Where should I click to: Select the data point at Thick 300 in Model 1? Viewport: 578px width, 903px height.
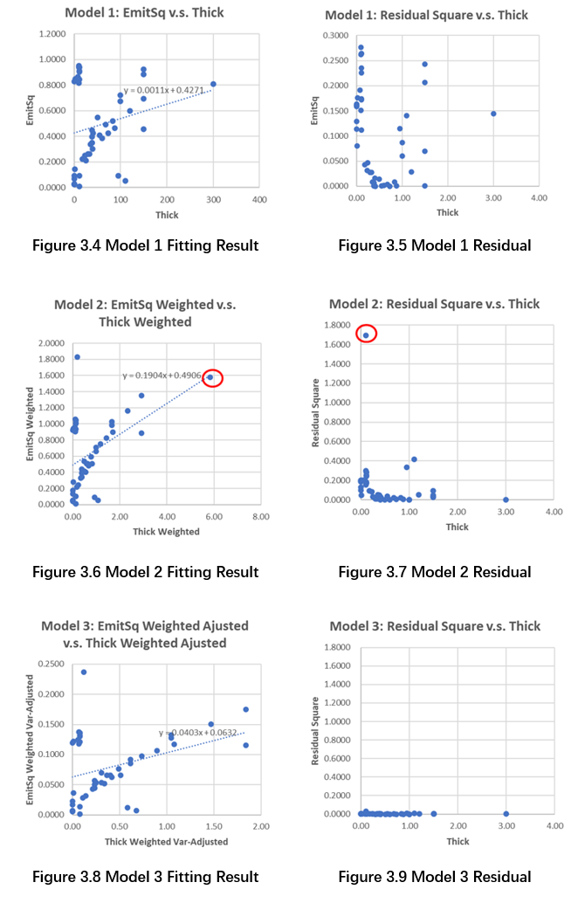(213, 84)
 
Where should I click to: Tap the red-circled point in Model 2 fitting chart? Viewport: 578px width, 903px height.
(210, 377)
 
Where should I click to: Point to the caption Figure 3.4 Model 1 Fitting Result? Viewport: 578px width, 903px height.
(145, 245)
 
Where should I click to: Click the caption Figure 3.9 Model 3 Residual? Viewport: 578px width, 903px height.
(434, 877)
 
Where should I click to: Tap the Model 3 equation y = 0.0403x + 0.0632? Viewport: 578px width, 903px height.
(196, 733)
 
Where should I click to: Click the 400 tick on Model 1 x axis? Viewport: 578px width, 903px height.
(259, 199)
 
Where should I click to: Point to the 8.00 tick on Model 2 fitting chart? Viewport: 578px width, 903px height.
(259, 516)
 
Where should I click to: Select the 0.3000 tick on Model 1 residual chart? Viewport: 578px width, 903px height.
(335, 34)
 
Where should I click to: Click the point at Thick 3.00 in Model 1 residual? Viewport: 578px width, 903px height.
(493, 114)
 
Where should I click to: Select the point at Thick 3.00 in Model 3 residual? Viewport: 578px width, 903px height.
(506, 814)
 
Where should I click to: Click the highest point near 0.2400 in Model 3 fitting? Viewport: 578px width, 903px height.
(84, 672)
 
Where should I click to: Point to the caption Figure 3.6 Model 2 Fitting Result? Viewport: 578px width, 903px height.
(145, 572)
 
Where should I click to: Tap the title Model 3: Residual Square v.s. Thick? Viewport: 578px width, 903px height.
(434, 626)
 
